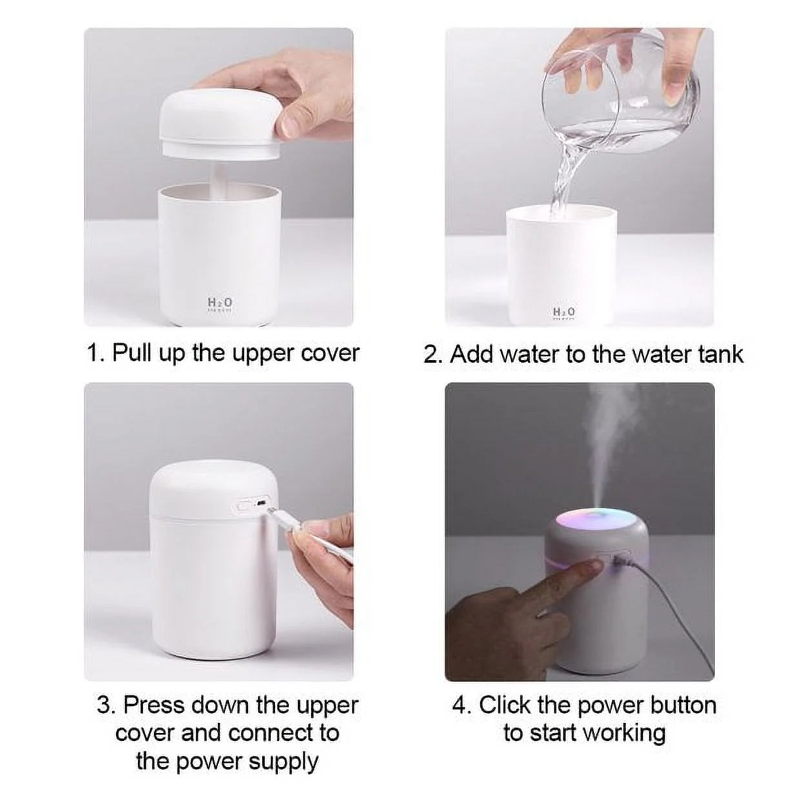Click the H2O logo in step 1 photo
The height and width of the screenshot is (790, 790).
(219, 303)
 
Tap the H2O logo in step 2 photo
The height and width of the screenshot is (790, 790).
(564, 312)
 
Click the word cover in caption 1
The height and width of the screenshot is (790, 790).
(329, 353)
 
